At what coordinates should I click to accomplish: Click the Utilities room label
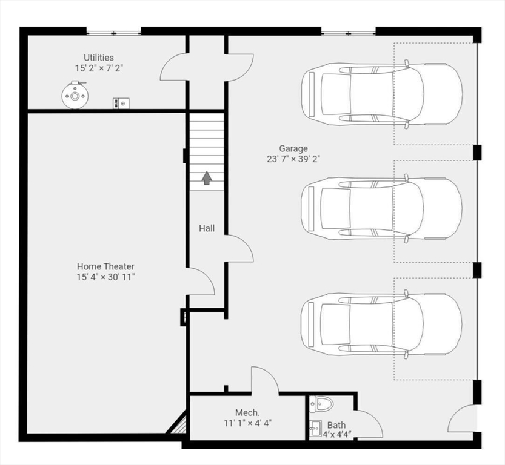coord(99,58)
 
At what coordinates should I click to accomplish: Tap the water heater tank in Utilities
coord(75,95)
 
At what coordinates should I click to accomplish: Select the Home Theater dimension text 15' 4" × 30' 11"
coord(105,277)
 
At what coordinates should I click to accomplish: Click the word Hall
coord(207,228)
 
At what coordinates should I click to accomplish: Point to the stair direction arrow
coord(207,178)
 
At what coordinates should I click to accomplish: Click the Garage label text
coord(293,148)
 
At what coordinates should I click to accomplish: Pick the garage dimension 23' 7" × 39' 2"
coord(293,159)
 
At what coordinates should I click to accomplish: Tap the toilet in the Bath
coord(321,404)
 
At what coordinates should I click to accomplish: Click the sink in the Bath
coord(316,428)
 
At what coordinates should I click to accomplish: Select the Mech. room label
coord(247,412)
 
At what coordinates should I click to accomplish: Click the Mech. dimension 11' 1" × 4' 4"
coord(248,423)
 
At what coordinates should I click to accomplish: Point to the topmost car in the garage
coord(382,94)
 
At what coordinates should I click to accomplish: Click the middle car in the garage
coord(382,208)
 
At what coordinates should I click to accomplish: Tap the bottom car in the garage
coord(382,324)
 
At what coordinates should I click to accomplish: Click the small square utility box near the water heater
coord(121,103)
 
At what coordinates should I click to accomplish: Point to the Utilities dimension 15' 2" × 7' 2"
coord(99,68)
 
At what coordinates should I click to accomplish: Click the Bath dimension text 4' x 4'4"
coord(337,435)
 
